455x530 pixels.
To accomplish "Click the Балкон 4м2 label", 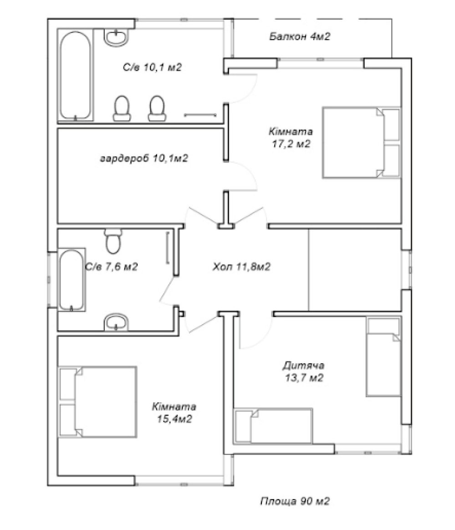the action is pyautogui.click(x=299, y=36).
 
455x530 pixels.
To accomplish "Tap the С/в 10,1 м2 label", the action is pyautogui.click(x=152, y=67).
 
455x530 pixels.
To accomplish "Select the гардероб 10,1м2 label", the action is pyautogui.click(x=144, y=158).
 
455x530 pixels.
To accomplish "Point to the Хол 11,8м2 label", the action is pyautogui.click(x=241, y=267).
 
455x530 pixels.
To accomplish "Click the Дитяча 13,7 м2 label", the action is pyautogui.click(x=304, y=371).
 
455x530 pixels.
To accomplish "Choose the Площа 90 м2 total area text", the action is pyautogui.click(x=295, y=501).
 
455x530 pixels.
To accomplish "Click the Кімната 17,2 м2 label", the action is pyautogui.click(x=291, y=138).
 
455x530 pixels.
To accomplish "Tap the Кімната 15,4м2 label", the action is pyautogui.click(x=174, y=413).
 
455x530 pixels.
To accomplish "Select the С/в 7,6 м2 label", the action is pyautogui.click(x=112, y=267).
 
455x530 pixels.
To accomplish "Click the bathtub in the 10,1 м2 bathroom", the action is pyautogui.click(x=75, y=75).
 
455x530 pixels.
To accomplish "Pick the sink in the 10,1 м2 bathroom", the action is pyautogui.click(x=117, y=36).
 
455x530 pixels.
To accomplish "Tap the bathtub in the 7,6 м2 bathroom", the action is pyautogui.click(x=72, y=280).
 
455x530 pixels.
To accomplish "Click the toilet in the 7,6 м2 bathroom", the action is pyautogui.click(x=113, y=241).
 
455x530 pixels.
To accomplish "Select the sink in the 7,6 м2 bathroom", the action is pyautogui.click(x=116, y=322).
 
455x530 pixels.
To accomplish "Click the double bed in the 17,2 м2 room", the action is pyautogui.click(x=361, y=143).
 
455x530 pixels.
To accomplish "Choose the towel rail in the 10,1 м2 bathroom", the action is pyautogui.click(x=200, y=115).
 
